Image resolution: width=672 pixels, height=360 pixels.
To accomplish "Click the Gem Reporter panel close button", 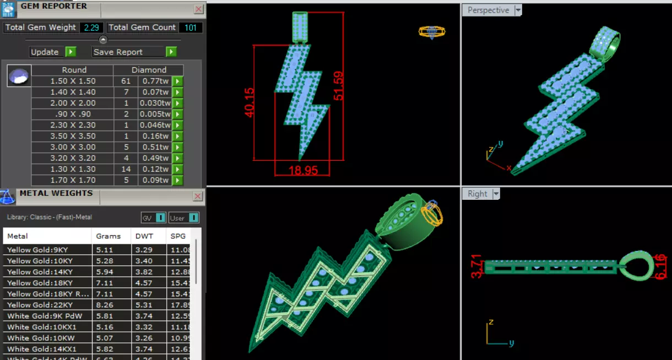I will pos(199,9).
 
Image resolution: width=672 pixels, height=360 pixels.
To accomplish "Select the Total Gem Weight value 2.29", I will pos(91,28).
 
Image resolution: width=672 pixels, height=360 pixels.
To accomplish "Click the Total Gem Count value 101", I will pos(191,28).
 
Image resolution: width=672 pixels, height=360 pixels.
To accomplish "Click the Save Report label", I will pos(118,52).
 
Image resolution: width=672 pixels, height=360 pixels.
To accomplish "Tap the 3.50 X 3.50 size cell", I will pos(73,136).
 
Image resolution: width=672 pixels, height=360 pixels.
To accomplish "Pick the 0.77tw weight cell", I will pos(155,81).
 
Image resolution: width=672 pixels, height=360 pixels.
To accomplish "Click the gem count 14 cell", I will pos(126,169).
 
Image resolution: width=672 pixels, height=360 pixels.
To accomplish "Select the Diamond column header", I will pos(149,70).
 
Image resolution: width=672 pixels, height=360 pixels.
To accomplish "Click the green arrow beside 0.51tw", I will pos(177,147).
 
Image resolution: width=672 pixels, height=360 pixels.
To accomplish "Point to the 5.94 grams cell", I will pos(105,272).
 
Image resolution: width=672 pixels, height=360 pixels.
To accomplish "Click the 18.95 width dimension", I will pos(303,171).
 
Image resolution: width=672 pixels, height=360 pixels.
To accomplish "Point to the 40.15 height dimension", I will pos(249,102).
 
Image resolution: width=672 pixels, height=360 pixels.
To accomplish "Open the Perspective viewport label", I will pos(488,10).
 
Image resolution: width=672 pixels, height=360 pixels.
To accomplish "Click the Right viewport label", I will pos(477,194).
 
